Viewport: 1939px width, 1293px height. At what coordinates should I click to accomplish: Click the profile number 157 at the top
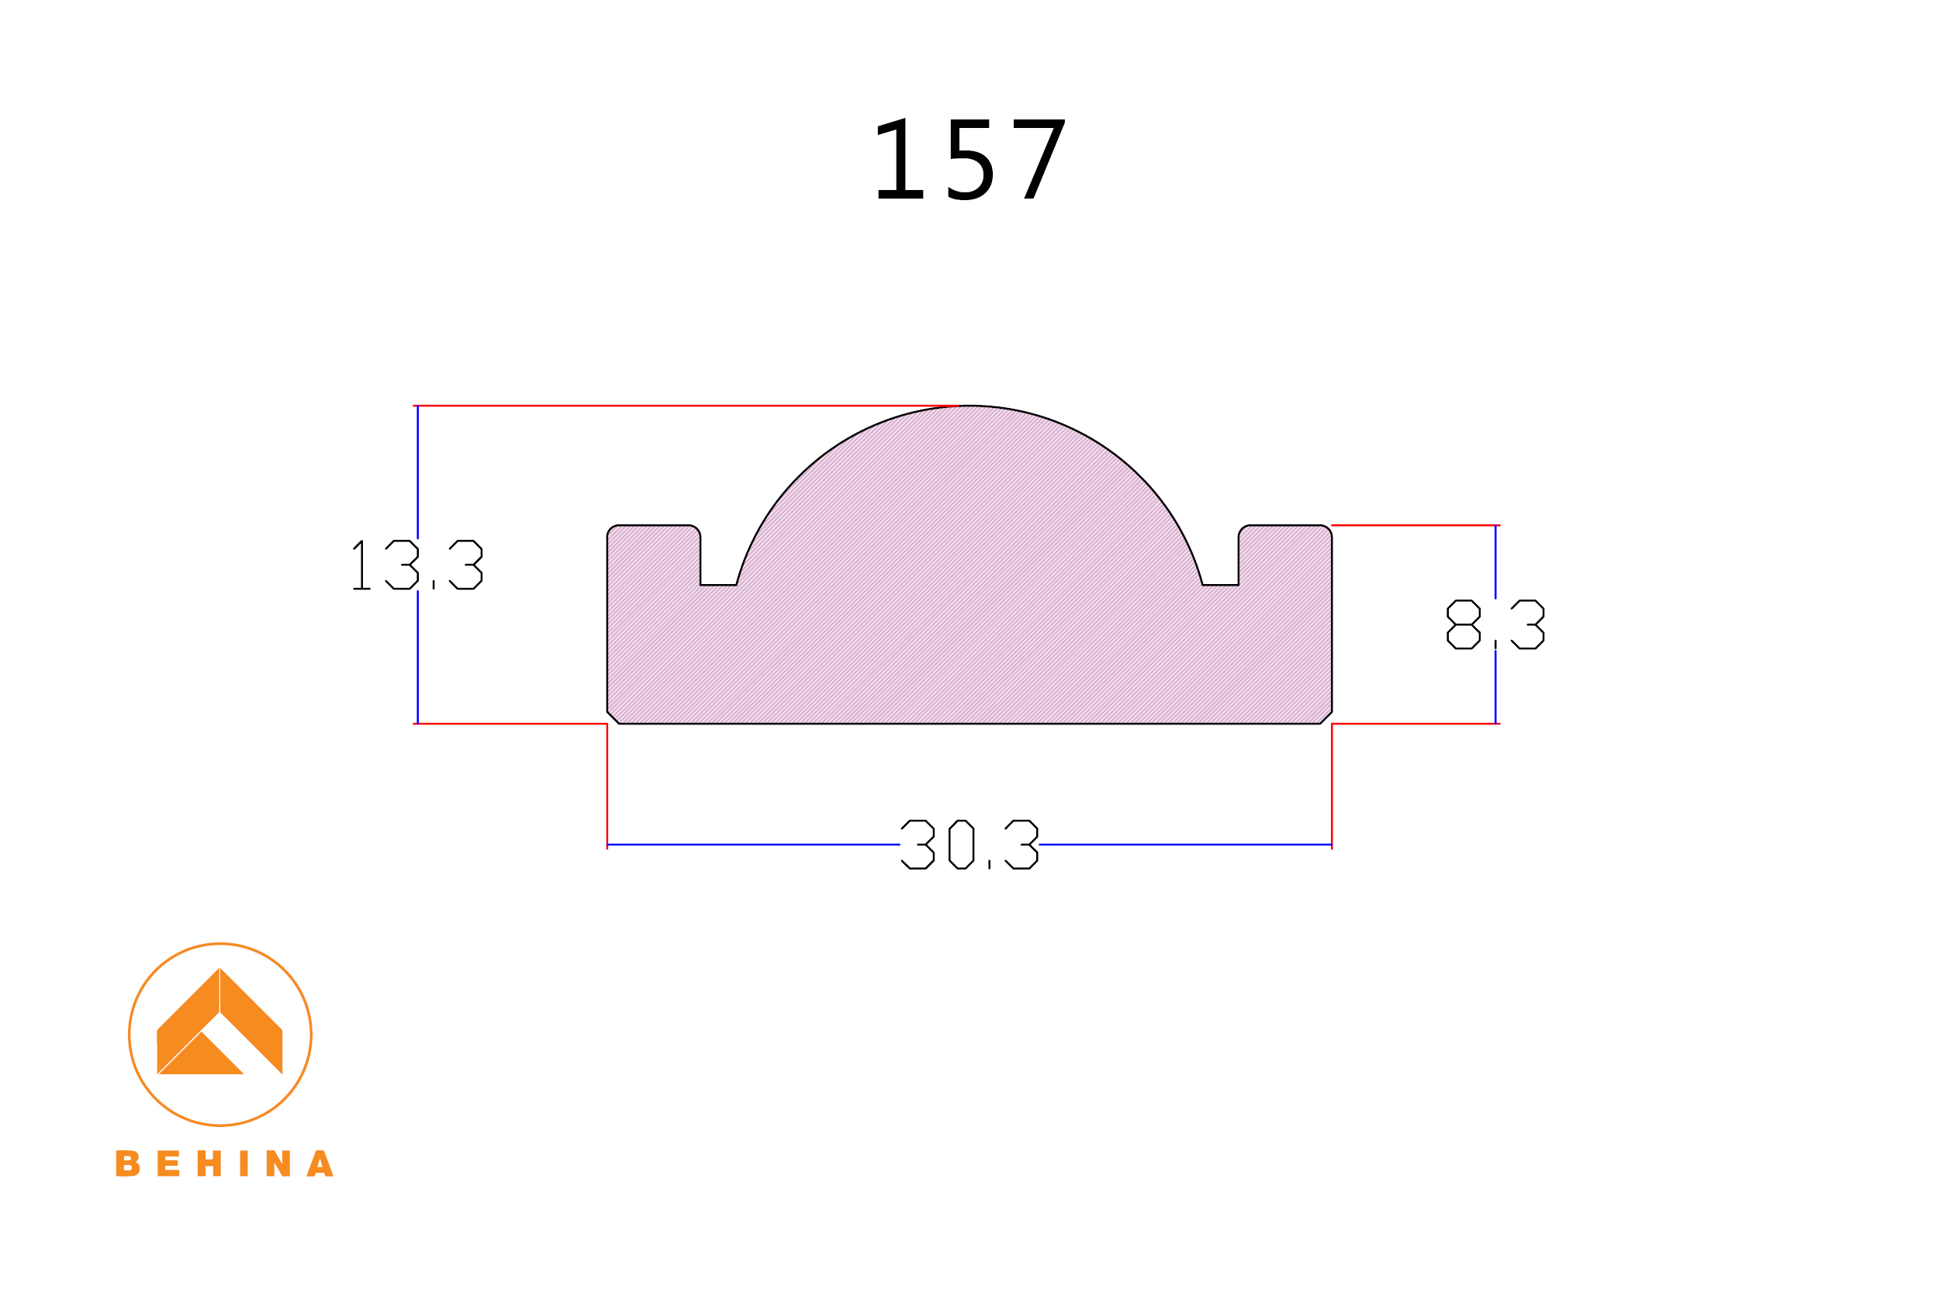point(969,159)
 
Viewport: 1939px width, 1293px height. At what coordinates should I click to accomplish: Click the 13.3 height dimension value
point(417,565)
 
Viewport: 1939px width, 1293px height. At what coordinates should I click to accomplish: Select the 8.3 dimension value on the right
point(1495,624)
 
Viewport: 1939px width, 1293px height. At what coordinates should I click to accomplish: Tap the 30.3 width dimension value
point(969,845)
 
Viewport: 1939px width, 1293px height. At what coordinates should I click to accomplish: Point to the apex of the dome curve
point(969,406)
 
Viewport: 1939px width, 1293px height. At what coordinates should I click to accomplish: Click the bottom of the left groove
point(718,584)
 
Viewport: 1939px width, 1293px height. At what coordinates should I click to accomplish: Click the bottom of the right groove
point(1220,584)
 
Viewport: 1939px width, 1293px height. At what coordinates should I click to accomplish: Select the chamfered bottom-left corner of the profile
point(613,717)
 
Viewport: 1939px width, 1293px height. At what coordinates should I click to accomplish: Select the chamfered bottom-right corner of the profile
point(1326,717)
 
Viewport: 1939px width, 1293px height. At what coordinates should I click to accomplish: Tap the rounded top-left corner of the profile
point(611,530)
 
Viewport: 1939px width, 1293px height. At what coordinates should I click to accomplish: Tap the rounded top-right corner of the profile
point(1327,530)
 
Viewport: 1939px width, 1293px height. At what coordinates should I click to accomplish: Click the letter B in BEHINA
point(127,1163)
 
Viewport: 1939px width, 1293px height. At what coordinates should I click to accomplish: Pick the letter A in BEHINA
point(320,1163)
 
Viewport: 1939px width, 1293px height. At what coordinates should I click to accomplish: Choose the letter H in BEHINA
point(209,1163)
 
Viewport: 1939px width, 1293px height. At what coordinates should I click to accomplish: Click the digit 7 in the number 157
point(1039,159)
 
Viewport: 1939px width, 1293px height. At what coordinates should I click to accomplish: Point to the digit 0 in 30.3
point(961,845)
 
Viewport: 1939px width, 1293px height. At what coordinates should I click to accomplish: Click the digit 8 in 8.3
point(1464,624)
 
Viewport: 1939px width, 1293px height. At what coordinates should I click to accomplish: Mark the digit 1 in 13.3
point(360,565)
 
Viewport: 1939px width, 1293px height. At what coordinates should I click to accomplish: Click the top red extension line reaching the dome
point(684,406)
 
